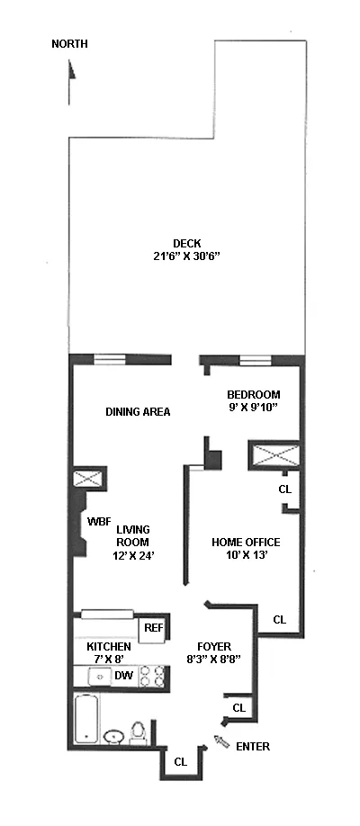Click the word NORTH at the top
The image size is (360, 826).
click(x=69, y=43)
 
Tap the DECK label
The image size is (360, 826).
click(x=187, y=243)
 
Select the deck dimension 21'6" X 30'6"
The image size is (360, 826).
click(x=187, y=256)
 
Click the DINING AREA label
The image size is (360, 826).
click(x=138, y=412)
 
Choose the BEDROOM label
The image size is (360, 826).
click(x=253, y=394)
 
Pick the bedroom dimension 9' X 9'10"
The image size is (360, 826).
click(x=253, y=408)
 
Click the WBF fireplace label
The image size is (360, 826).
click(x=98, y=521)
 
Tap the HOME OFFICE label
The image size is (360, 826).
click(x=246, y=542)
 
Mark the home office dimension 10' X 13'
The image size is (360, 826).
click(x=246, y=555)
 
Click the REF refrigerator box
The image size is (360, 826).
click(x=153, y=628)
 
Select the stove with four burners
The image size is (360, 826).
click(x=152, y=676)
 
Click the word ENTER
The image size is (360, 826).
click(x=252, y=746)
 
